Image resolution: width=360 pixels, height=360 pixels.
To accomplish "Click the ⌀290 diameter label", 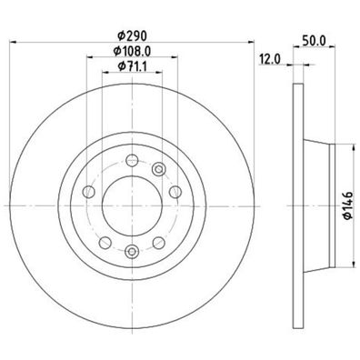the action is (132, 35).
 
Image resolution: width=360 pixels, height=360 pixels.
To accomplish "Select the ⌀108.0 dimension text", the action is (132, 51).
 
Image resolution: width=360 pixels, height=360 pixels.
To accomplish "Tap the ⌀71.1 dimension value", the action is (132, 65).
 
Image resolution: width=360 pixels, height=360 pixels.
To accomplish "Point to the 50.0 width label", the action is (314, 40).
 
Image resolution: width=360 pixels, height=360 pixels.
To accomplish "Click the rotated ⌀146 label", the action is (347, 205).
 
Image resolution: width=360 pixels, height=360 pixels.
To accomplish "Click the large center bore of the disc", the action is (132, 205).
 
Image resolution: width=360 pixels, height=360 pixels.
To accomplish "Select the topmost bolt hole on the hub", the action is (132, 160).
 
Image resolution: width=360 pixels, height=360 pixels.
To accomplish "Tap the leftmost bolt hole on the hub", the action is (89, 192).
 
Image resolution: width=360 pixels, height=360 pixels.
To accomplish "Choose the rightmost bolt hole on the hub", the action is (175, 192).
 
